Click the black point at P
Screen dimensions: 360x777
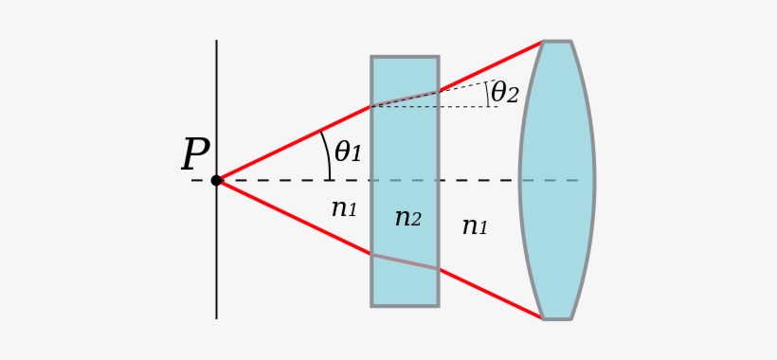[x=216, y=180]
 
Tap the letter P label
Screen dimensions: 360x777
[x=195, y=155]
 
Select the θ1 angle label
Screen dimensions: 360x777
[x=348, y=152]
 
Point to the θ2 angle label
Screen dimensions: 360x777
[x=504, y=93]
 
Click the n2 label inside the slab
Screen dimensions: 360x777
[x=407, y=218]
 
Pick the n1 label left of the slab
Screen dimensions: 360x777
[x=344, y=208]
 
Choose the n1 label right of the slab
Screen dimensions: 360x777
[x=475, y=225]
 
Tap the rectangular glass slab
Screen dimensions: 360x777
[x=405, y=275]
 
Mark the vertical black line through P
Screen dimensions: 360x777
[x=216, y=265]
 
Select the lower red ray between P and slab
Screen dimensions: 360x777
[x=294, y=217]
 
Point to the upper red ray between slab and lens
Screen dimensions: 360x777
[x=491, y=66]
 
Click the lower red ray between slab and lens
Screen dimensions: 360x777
[x=491, y=294]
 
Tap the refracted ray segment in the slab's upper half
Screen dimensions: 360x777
[x=405, y=99]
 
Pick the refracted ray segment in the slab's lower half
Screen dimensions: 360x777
[x=405, y=261]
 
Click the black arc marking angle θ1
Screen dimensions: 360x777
[x=328, y=152]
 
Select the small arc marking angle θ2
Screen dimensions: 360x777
[x=487, y=93]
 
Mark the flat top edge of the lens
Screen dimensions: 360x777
[x=557, y=42]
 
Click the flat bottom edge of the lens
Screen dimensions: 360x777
[x=557, y=318]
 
